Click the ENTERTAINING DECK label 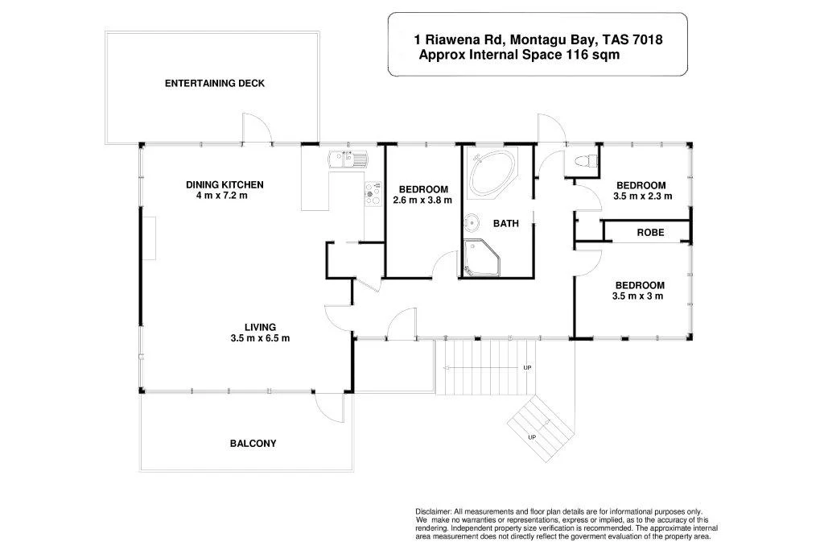[x=214, y=83]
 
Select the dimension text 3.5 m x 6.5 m [x=260, y=338]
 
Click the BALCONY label [x=253, y=444]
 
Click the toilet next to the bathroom [x=585, y=160]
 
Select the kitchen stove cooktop [x=373, y=192]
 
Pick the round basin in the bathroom [x=472, y=220]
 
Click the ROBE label [x=650, y=233]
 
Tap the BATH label [x=506, y=224]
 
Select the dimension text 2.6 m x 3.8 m [x=422, y=200]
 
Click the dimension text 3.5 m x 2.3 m [x=641, y=196]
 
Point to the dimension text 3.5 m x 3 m [x=639, y=296]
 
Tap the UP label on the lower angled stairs [x=532, y=436]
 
